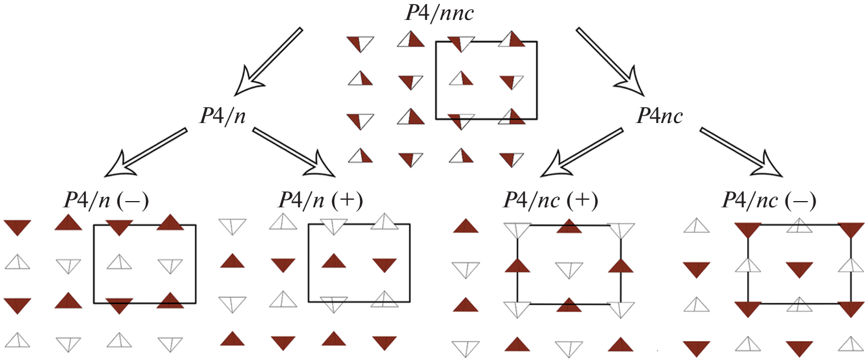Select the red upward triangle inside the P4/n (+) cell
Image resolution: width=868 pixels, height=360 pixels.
coord(334,261)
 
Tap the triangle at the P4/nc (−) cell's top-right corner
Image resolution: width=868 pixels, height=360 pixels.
coord(851,230)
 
